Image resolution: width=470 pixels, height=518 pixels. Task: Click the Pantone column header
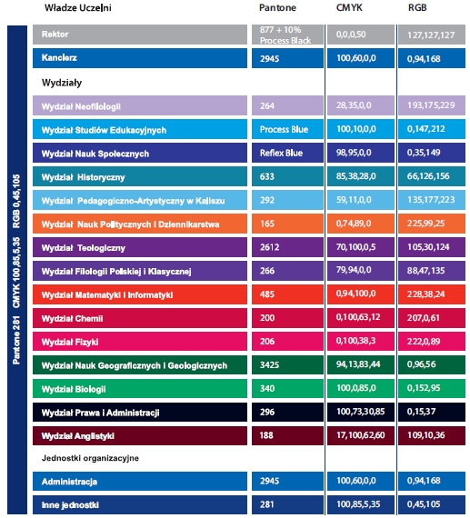click(277, 7)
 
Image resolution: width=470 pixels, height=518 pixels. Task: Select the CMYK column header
click(349, 7)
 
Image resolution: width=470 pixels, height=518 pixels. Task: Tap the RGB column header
click(417, 7)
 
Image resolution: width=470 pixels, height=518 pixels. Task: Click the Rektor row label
click(55, 34)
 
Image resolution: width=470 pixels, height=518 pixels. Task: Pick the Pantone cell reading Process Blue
click(284, 129)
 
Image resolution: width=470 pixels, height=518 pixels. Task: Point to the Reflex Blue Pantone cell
click(281, 153)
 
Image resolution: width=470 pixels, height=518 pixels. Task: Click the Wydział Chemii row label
click(72, 318)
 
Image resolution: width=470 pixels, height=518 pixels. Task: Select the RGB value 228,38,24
click(425, 294)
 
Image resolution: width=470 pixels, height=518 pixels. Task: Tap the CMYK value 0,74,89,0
click(354, 224)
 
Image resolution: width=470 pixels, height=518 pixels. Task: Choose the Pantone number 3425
click(269, 364)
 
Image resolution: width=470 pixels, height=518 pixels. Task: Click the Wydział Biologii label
click(74, 389)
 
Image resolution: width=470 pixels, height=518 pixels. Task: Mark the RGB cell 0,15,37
click(421, 412)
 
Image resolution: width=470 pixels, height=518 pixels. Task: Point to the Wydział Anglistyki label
click(77, 436)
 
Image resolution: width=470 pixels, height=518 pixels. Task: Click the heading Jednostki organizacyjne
click(90, 458)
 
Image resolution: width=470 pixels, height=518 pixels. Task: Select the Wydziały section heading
click(62, 83)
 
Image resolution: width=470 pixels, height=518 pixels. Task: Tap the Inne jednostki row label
click(70, 504)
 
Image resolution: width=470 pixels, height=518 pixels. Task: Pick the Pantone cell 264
click(267, 105)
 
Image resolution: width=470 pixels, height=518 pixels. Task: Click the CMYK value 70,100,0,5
click(355, 247)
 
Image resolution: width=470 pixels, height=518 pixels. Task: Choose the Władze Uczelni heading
click(78, 7)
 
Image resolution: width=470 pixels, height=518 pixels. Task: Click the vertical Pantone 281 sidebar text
click(16, 340)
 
